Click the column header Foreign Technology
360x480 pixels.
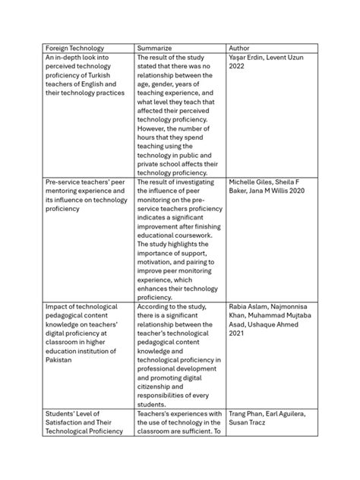pyautogui.click(x=74, y=47)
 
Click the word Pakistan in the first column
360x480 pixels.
pyautogui.click(x=61, y=359)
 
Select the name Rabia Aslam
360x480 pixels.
pyautogui.click(x=250, y=306)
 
